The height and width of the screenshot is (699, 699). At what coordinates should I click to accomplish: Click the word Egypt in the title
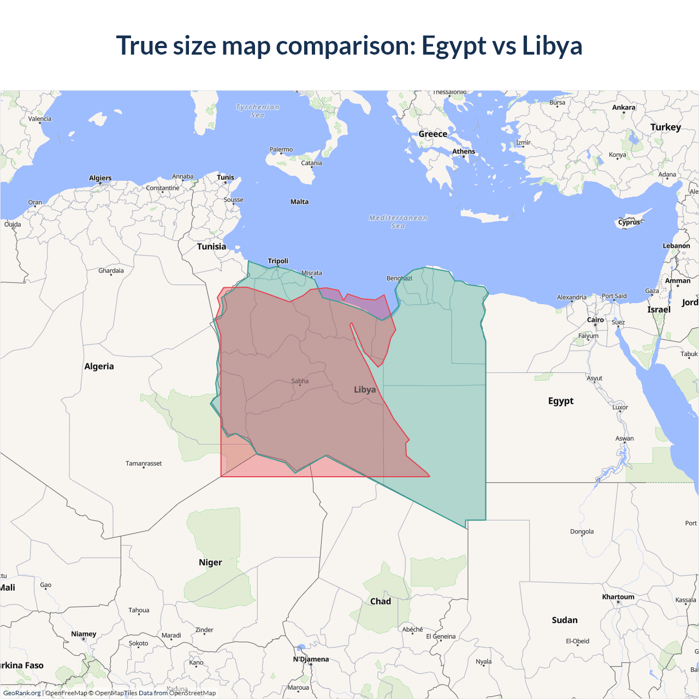(453, 46)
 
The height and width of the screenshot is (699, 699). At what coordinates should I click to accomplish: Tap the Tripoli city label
(278, 261)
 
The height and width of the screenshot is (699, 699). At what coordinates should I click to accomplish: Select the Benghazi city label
(399, 279)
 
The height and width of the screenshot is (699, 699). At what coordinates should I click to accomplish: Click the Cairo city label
(595, 320)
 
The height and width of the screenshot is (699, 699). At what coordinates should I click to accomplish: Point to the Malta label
(299, 202)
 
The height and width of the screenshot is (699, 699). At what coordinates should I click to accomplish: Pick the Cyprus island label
(629, 223)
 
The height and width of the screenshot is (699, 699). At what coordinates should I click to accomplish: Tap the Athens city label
(464, 152)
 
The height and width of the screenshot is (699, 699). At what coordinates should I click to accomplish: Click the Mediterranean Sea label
(398, 222)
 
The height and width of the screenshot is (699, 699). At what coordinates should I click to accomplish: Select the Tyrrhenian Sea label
(258, 111)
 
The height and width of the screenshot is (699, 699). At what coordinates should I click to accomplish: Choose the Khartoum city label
(618, 597)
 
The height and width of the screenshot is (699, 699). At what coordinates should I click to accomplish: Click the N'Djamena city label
(311, 659)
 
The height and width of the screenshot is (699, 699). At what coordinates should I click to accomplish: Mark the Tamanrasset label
(144, 464)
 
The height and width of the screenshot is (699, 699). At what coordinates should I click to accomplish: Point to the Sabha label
(300, 381)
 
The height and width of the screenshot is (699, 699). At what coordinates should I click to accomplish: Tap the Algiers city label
(100, 178)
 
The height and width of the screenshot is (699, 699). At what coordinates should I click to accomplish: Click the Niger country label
(210, 562)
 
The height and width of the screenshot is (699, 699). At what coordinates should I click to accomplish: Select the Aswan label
(625, 439)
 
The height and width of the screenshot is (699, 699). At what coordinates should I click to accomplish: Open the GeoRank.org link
(22, 693)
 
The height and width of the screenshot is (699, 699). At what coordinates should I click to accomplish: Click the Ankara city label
(624, 108)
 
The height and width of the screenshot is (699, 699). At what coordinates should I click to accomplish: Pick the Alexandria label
(572, 298)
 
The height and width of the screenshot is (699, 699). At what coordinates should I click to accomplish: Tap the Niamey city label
(84, 634)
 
